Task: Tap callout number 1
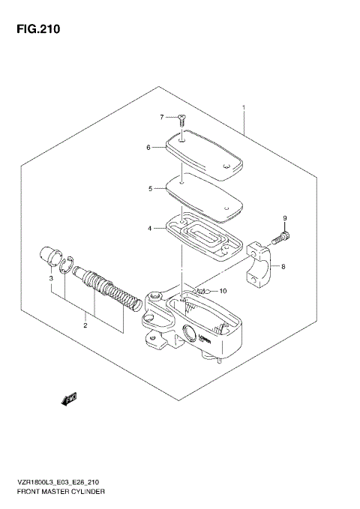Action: click(x=244, y=108)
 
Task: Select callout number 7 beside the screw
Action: click(x=161, y=117)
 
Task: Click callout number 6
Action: click(x=149, y=148)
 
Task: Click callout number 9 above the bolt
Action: click(x=284, y=218)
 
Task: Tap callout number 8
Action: click(x=283, y=266)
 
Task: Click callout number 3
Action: click(x=51, y=279)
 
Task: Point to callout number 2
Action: click(x=85, y=325)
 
